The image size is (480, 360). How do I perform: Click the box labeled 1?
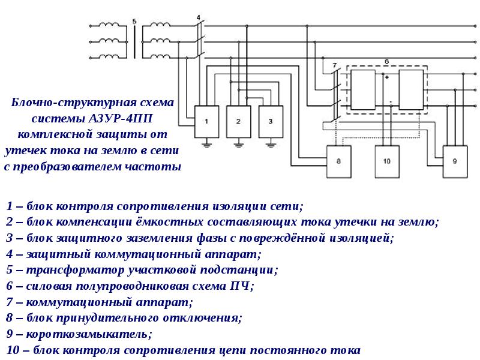click(x=206, y=121)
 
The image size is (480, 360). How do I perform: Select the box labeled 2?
click(x=238, y=121)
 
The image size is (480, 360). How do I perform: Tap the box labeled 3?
click(x=270, y=121)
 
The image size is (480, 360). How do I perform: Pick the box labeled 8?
click(x=338, y=161)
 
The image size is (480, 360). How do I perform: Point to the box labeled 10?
click(x=386, y=161)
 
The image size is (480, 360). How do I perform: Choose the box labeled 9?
click(x=454, y=161)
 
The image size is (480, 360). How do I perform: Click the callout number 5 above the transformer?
click(x=134, y=22)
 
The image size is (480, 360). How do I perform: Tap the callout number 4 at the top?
click(x=198, y=17)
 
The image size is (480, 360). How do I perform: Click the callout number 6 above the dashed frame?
click(x=386, y=62)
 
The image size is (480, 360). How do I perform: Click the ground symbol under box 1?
click(x=206, y=143)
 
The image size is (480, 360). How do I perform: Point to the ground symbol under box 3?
click(x=270, y=143)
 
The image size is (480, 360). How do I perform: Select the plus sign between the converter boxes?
click(x=387, y=77)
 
